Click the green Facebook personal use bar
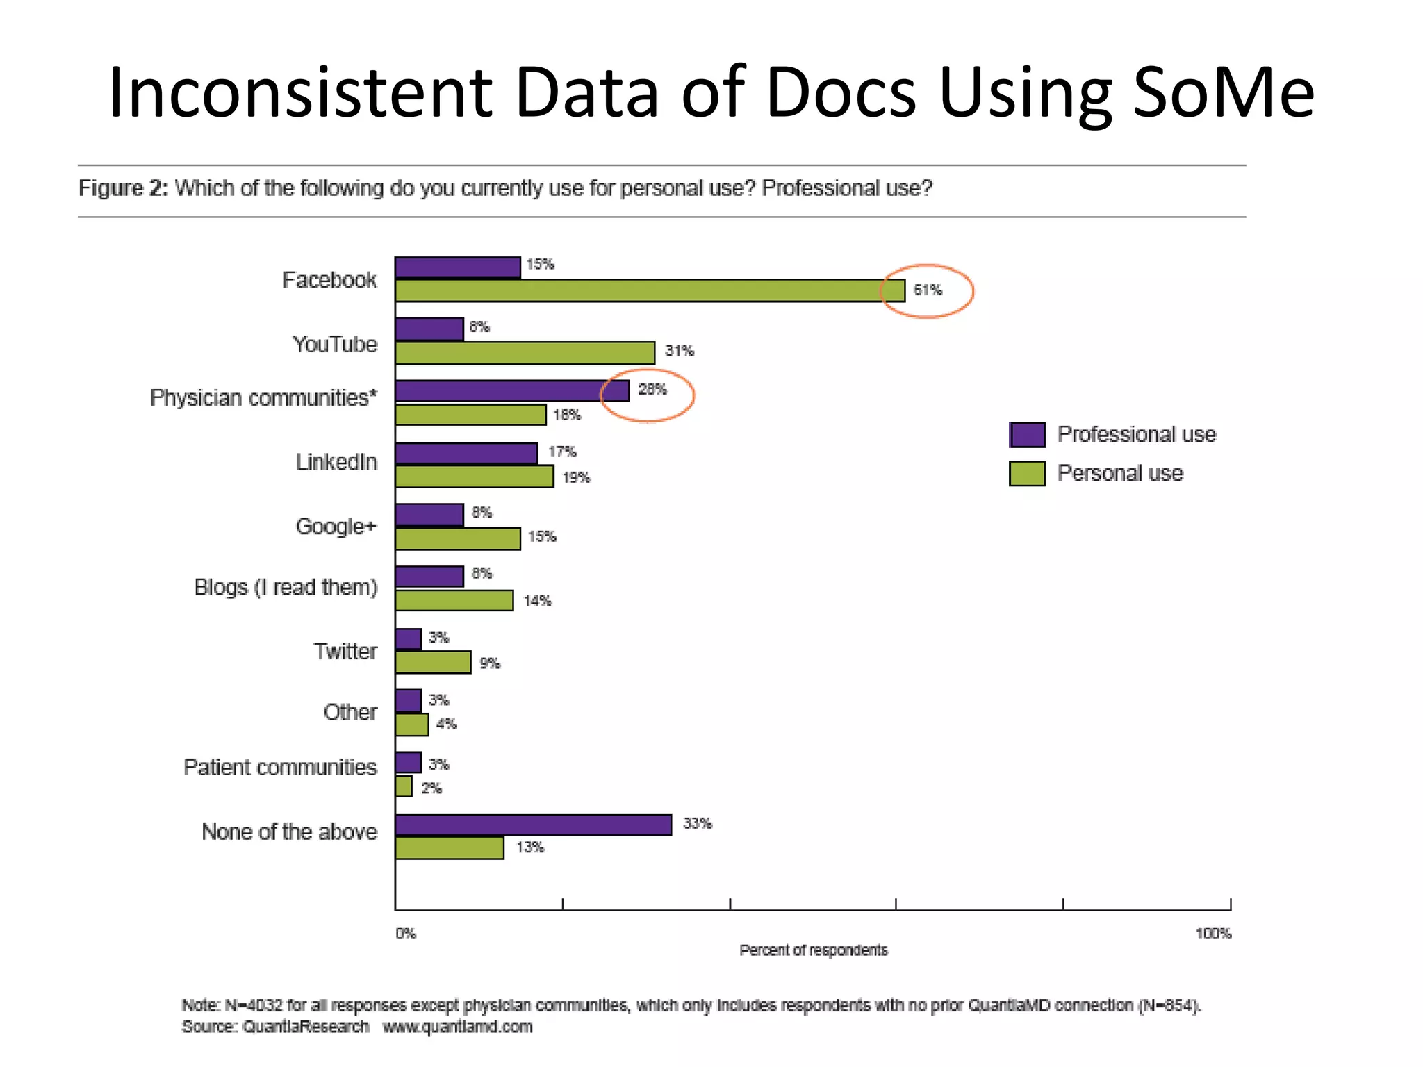[x=650, y=290]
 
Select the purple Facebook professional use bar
[x=457, y=267]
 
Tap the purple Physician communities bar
[x=512, y=390]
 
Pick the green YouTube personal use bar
[x=525, y=353]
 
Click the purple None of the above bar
[x=533, y=825]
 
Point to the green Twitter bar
[x=433, y=662]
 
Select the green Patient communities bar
[x=404, y=786]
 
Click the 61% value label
[x=928, y=290]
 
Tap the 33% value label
[x=697, y=824]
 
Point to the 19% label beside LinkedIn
[x=576, y=477]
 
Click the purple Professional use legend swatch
[x=1027, y=435]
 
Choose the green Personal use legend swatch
[x=1027, y=474]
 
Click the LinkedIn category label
[x=336, y=462]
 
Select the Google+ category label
[x=336, y=527]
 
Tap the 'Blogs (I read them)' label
[x=286, y=588]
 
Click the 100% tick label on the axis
[x=1212, y=934]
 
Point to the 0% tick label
[x=406, y=934]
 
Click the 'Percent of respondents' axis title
[x=813, y=950]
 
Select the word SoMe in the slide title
[x=1223, y=92]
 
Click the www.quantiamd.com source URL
[x=457, y=1027]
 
